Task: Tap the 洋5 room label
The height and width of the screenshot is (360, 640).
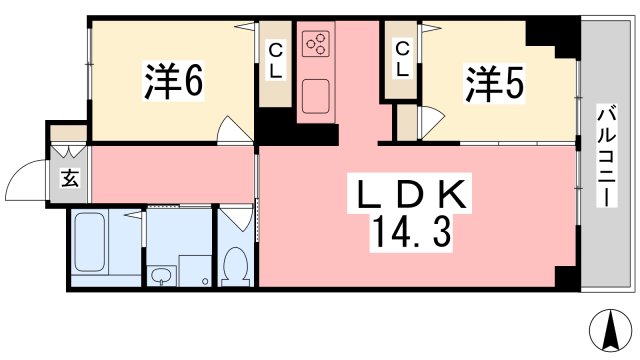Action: (x=493, y=85)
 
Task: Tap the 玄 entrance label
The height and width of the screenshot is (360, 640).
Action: (x=70, y=181)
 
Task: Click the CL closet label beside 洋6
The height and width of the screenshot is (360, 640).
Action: (x=277, y=61)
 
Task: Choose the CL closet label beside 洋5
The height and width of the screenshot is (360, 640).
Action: (x=402, y=61)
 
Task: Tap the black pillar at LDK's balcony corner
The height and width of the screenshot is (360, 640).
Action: (x=565, y=278)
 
